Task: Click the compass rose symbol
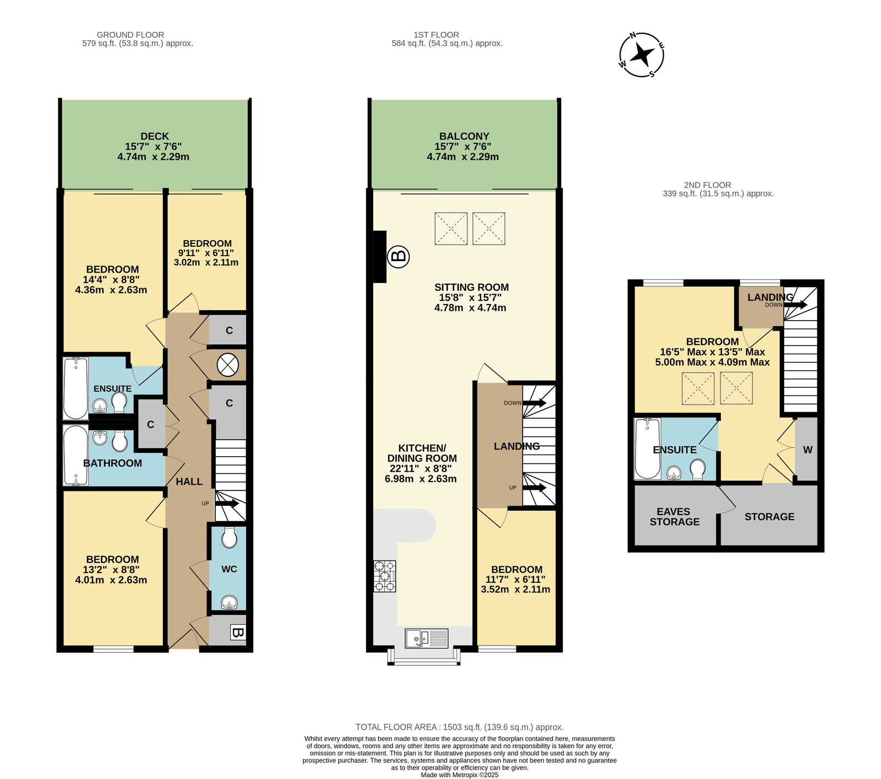[642, 55]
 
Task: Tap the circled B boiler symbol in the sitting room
[399, 256]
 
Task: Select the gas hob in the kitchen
[385, 576]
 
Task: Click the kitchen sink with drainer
[427, 638]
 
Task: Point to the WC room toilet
[229, 537]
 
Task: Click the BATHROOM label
[112, 463]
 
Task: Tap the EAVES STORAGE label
[675, 517]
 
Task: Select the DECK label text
[155, 136]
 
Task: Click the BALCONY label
[464, 136]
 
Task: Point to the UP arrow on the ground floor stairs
[227, 503]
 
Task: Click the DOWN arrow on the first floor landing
[534, 403]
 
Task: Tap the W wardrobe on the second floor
[807, 450]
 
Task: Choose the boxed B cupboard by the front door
[237, 632]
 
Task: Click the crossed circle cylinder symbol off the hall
[227, 365]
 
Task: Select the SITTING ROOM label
[471, 287]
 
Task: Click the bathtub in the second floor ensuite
[648, 449]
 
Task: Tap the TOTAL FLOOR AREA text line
[459, 727]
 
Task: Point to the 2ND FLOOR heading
[708, 185]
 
